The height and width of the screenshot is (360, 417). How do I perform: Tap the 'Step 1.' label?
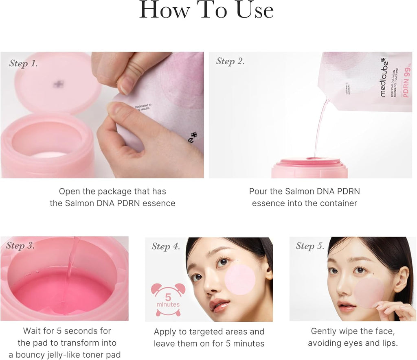click(24, 64)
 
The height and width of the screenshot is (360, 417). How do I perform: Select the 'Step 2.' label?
click(230, 61)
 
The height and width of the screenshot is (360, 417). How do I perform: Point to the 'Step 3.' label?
click(20, 246)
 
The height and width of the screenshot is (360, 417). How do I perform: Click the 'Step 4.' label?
click(165, 247)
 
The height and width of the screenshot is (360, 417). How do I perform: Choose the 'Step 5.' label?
click(310, 246)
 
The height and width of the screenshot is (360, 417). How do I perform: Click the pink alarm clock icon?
click(168, 299)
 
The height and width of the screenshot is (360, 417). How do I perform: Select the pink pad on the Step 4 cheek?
click(240, 279)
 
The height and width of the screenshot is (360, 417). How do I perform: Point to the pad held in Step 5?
click(369, 292)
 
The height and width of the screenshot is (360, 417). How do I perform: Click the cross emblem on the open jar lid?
click(58, 84)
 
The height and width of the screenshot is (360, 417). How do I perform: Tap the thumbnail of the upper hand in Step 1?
click(125, 85)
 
